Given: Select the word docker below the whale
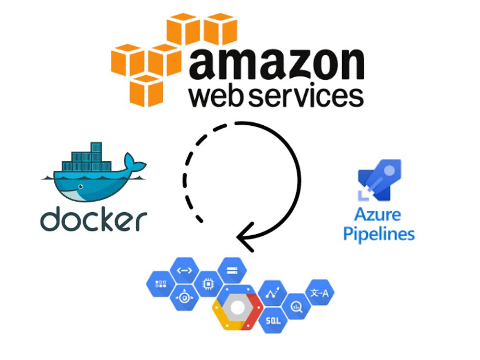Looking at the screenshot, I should (x=93, y=219).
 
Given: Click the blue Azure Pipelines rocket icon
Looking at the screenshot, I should (x=379, y=180).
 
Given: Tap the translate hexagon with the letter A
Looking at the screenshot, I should (x=320, y=293).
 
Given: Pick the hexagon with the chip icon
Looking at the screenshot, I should (x=209, y=284).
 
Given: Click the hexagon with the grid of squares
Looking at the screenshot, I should (x=160, y=284).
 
